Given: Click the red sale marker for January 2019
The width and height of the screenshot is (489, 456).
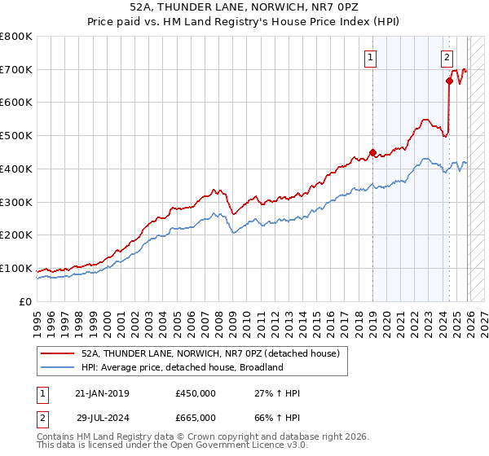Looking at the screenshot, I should pos(372,151).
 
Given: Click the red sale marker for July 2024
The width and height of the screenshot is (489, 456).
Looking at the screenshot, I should pos(449,81).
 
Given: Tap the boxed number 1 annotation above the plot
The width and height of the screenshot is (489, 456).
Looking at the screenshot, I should pos(371,57).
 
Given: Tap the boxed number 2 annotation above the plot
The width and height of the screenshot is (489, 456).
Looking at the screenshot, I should pos(447,57).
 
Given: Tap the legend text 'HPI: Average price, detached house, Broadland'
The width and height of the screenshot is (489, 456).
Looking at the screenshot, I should pos(182,367).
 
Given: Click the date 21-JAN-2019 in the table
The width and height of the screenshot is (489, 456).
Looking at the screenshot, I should pos(102,393).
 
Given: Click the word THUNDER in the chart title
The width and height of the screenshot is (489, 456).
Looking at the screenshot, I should pos(183,6).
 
